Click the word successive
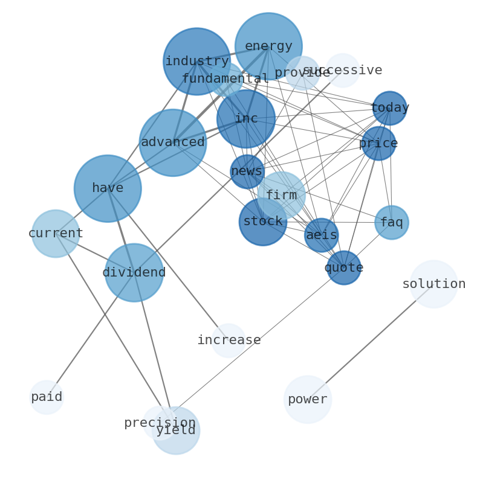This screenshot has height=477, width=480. (x=343, y=70)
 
